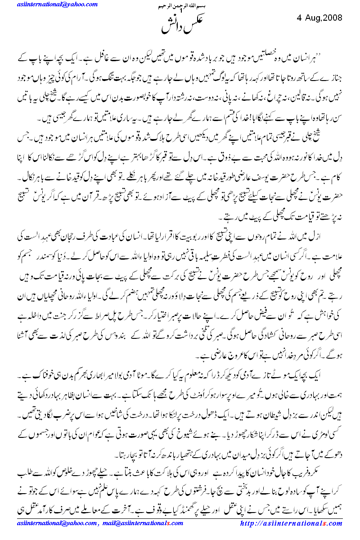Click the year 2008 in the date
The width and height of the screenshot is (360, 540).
click(x=332, y=18)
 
